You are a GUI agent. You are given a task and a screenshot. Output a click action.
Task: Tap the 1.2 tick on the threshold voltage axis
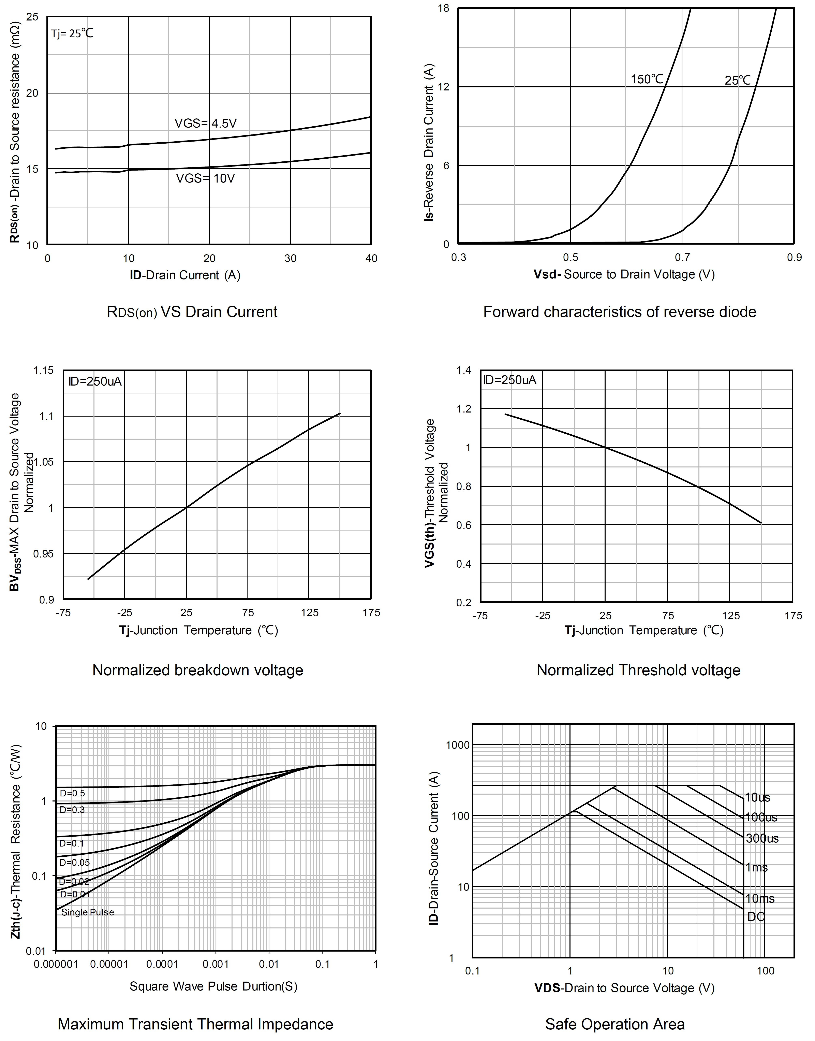pyautogui.click(x=463, y=409)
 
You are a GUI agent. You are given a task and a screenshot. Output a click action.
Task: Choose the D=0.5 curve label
pyautogui.click(x=72, y=793)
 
